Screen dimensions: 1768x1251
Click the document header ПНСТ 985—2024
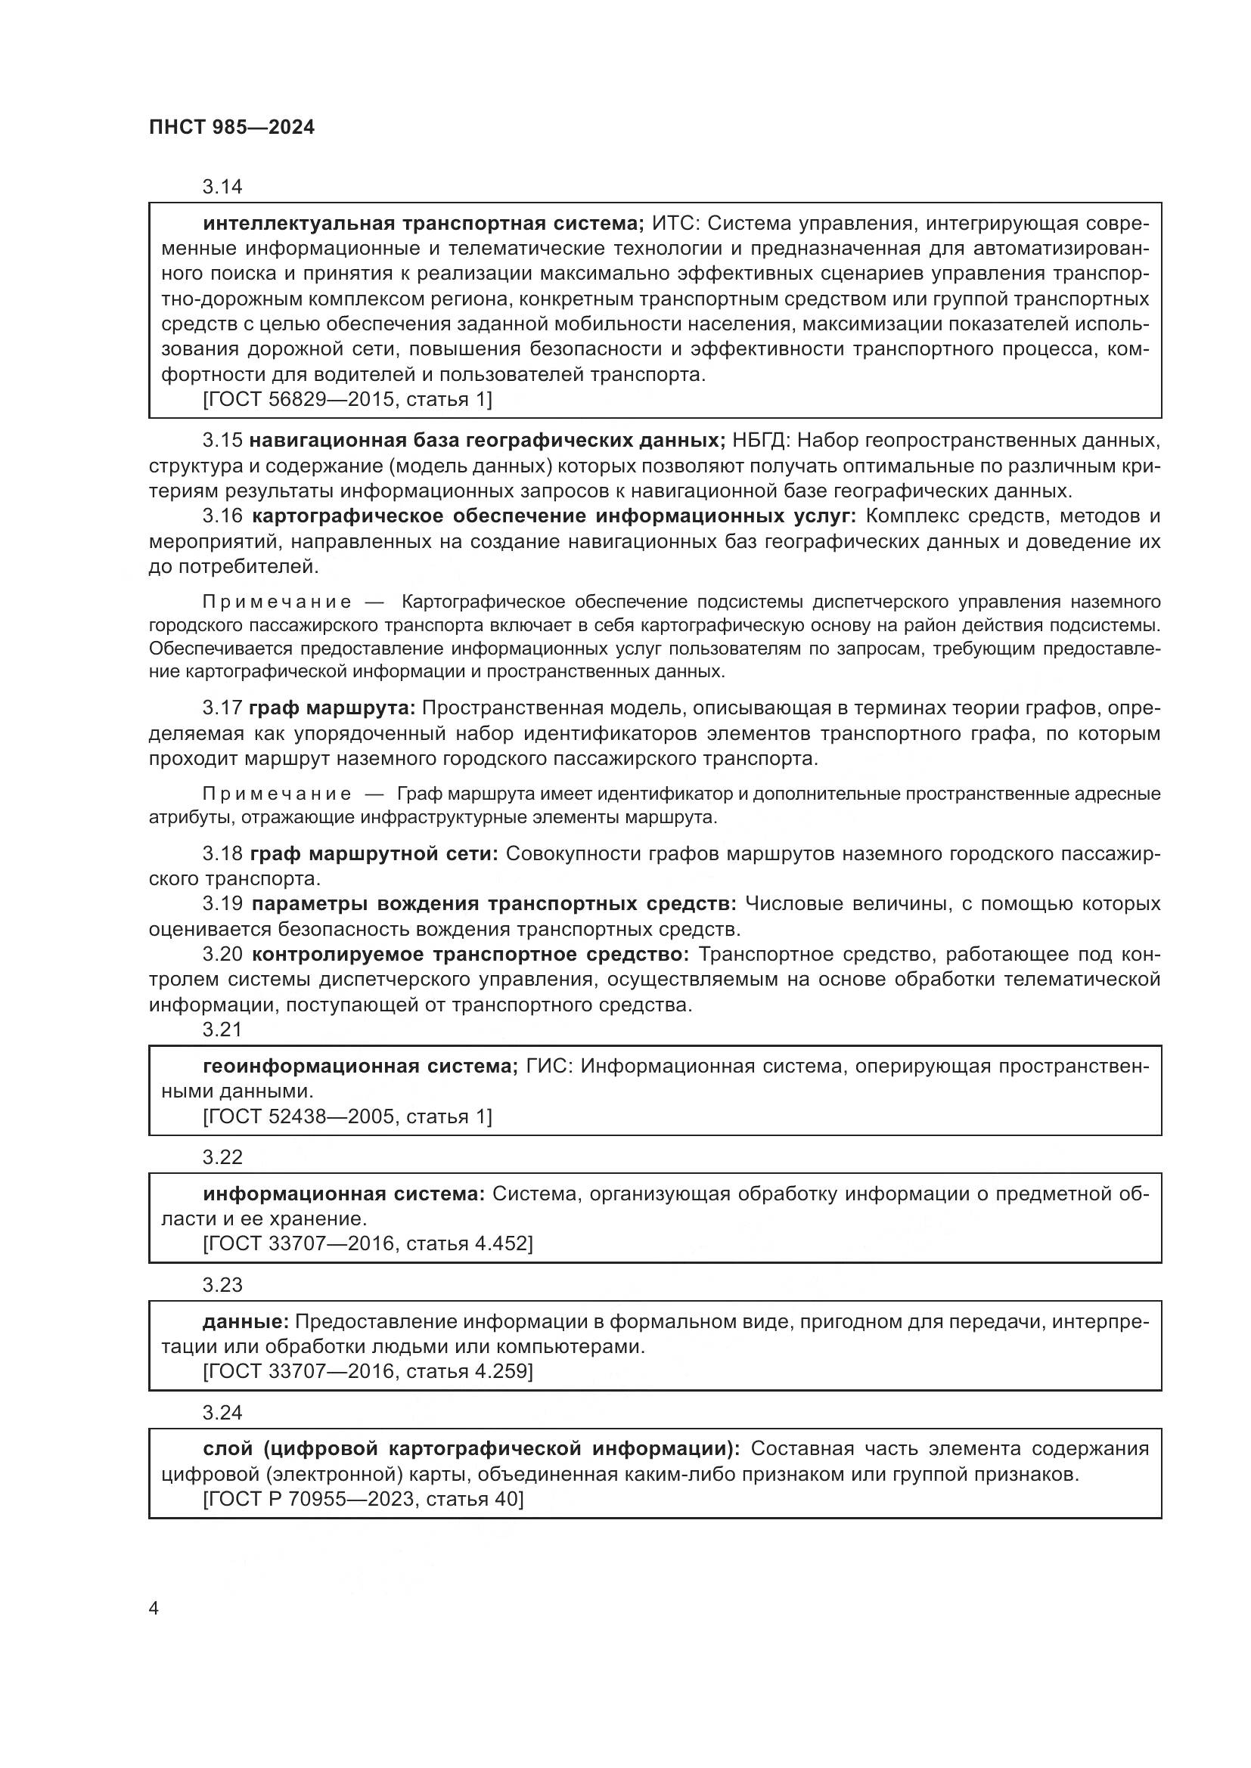pos(232,128)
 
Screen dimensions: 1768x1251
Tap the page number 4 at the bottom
pos(154,1609)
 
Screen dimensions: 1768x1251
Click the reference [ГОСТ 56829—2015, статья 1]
pos(346,399)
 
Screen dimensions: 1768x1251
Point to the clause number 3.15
pos(222,441)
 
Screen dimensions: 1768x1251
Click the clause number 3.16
pos(222,516)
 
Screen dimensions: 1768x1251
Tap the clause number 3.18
pos(222,854)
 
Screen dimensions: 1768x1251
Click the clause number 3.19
pos(222,904)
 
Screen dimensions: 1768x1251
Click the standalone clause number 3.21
pos(222,1030)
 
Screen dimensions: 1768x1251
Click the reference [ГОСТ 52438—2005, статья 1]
pos(346,1116)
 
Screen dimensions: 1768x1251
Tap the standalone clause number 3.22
pos(222,1157)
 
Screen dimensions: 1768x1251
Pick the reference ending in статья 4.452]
pos(368,1243)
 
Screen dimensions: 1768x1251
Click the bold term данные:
pos(245,1322)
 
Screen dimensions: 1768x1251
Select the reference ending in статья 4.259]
pos(368,1371)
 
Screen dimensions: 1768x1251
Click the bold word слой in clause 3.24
pos(227,1448)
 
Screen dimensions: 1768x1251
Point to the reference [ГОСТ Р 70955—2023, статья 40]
pos(363,1498)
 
